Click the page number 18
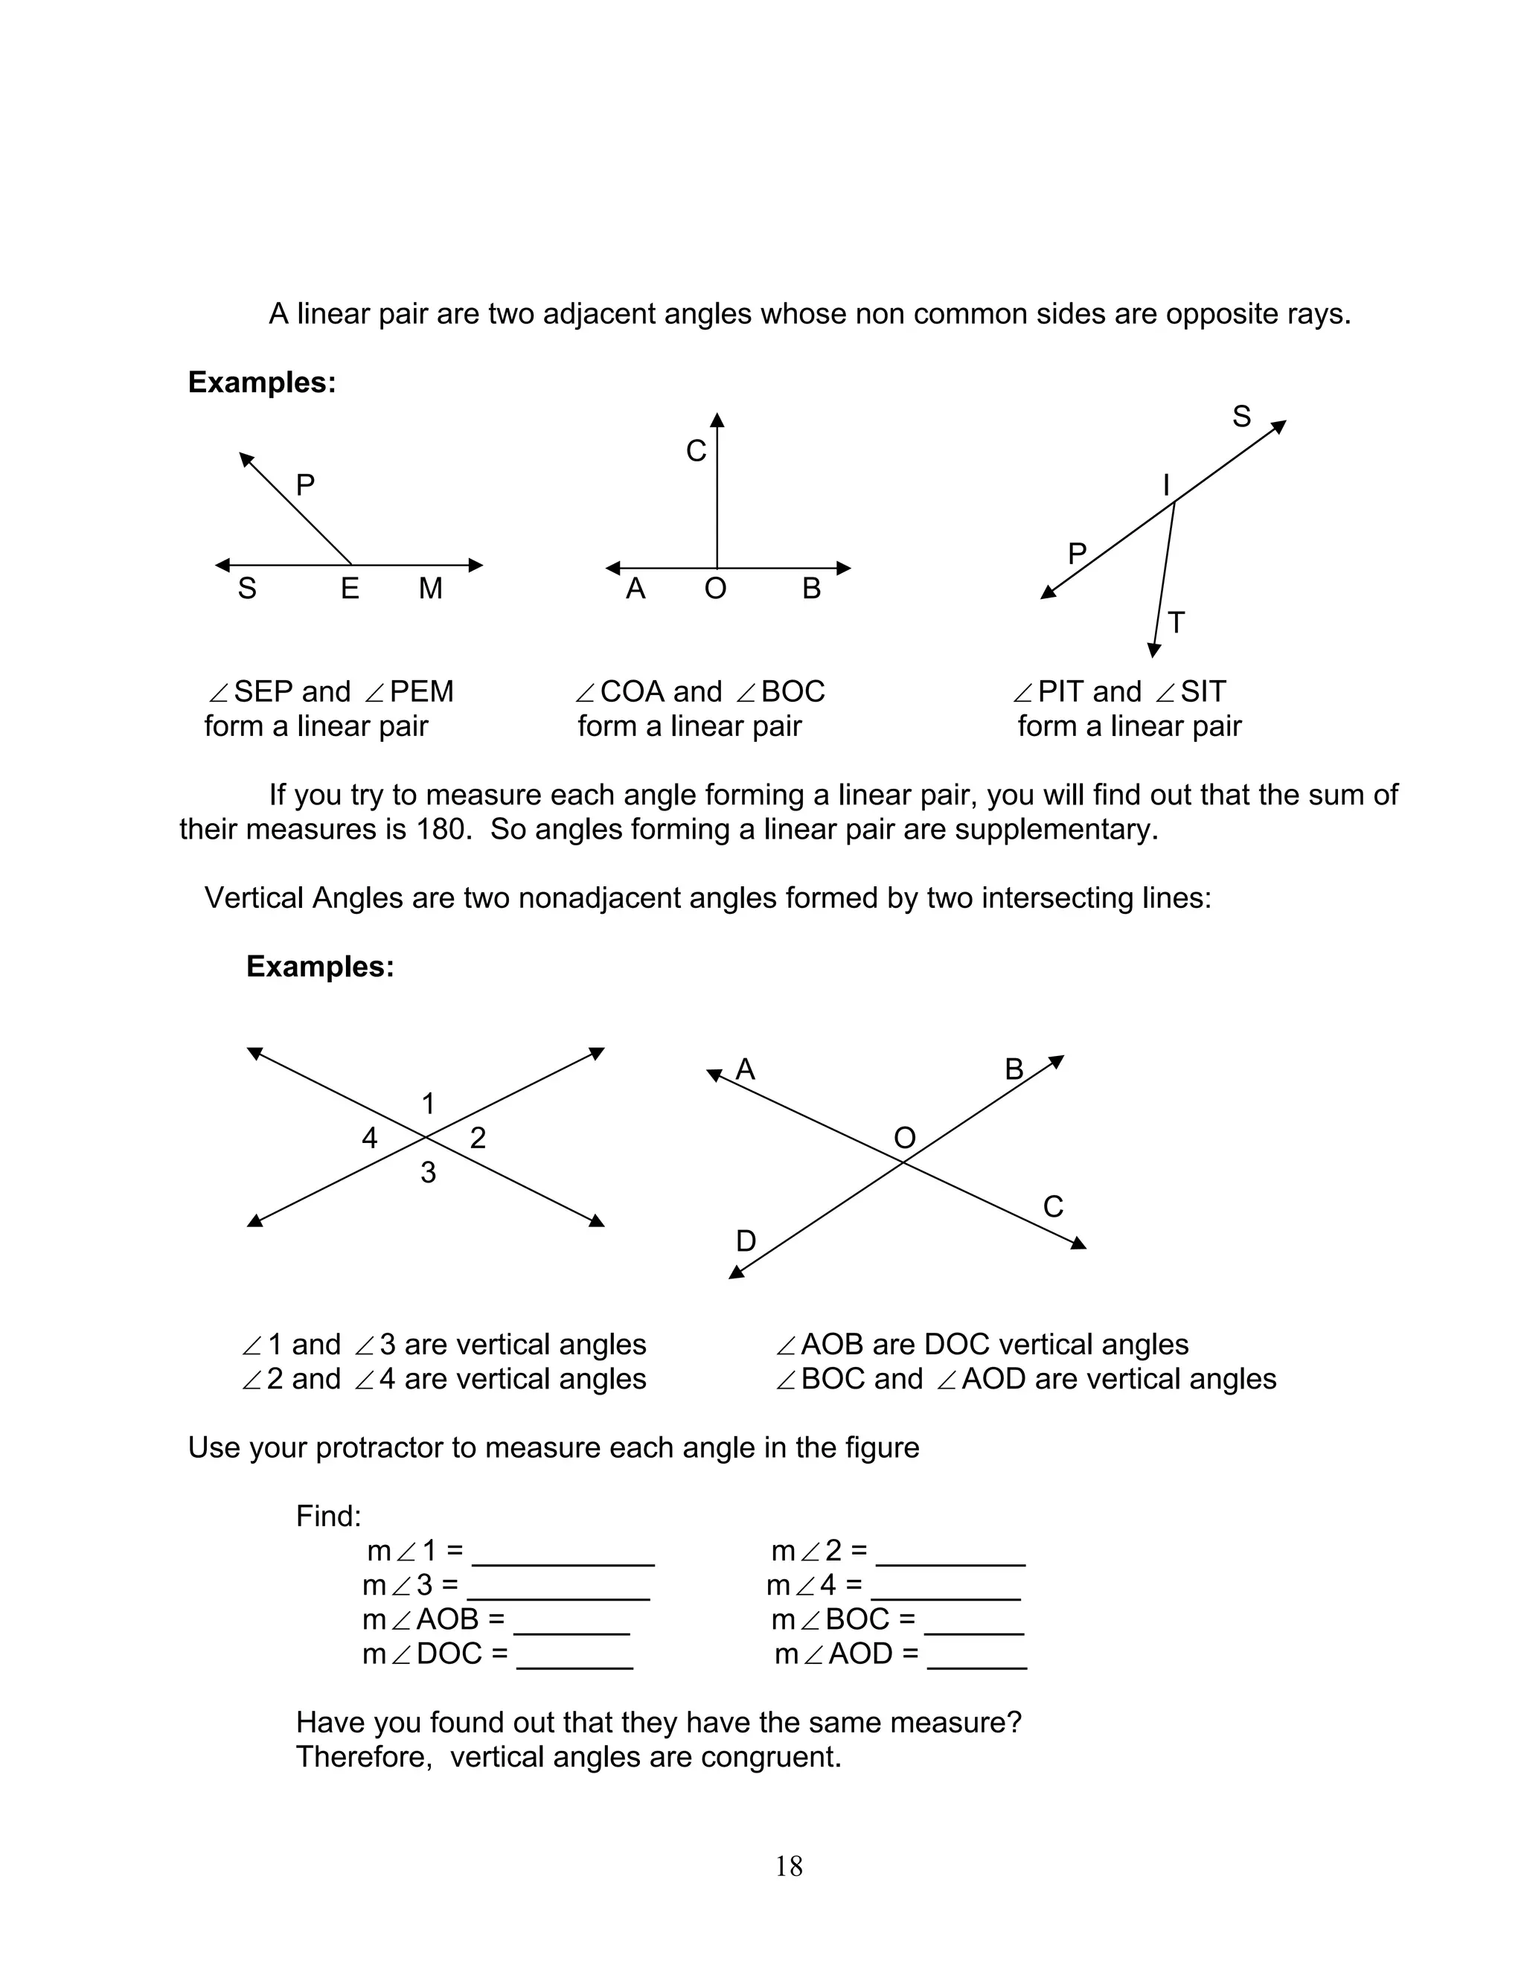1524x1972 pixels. coord(788,1866)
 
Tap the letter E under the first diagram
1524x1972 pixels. coord(350,589)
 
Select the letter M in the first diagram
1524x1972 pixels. coord(431,589)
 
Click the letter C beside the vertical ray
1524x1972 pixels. coord(695,450)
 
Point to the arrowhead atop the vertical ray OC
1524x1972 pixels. coord(717,420)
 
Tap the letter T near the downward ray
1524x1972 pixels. coord(1176,623)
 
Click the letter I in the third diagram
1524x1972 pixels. coord(1165,486)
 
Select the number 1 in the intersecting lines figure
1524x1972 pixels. coord(428,1104)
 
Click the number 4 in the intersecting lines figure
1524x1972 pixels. coord(369,1138)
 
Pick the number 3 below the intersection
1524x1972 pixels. coord(428,1173)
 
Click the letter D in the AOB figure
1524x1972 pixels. coord(746,1241)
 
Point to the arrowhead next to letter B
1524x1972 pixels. coord(1057,1061)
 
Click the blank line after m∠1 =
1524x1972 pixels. coord(563,1561)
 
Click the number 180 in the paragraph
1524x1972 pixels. coord(443,829)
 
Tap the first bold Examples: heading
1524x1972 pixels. coord(262,382)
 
